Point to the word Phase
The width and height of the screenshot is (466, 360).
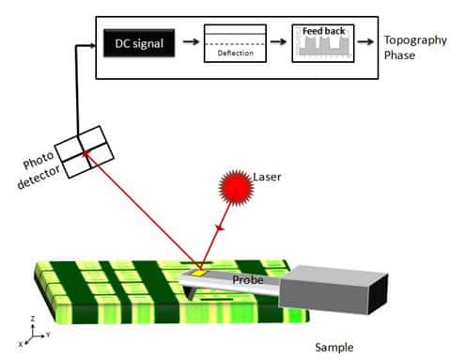point(400,55)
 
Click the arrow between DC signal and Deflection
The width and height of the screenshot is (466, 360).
point(189,42)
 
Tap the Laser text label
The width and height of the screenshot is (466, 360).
point(267,176)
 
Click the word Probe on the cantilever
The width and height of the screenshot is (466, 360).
point(247,278)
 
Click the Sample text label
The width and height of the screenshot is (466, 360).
point(334,347)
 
